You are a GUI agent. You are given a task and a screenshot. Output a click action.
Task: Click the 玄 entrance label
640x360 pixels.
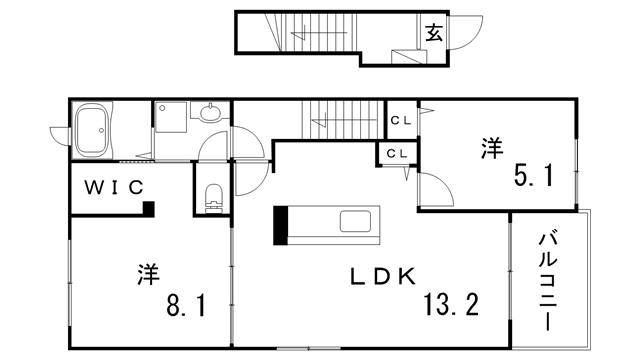coord(434,33)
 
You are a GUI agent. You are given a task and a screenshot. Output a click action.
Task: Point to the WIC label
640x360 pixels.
coord(114,186)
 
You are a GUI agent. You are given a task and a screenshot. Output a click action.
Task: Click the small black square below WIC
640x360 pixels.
coord(148,209)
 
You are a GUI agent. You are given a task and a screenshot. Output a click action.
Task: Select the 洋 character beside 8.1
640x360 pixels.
coord(149,272)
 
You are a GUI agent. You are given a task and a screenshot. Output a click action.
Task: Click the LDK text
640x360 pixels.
coord(381,277)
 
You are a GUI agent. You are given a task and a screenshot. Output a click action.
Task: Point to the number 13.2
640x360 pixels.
coord(450,304)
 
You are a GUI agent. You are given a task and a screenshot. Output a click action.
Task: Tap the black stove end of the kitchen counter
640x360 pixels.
coord(281,224)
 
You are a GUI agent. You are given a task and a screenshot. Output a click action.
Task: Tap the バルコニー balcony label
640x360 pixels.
coord(549,276)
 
